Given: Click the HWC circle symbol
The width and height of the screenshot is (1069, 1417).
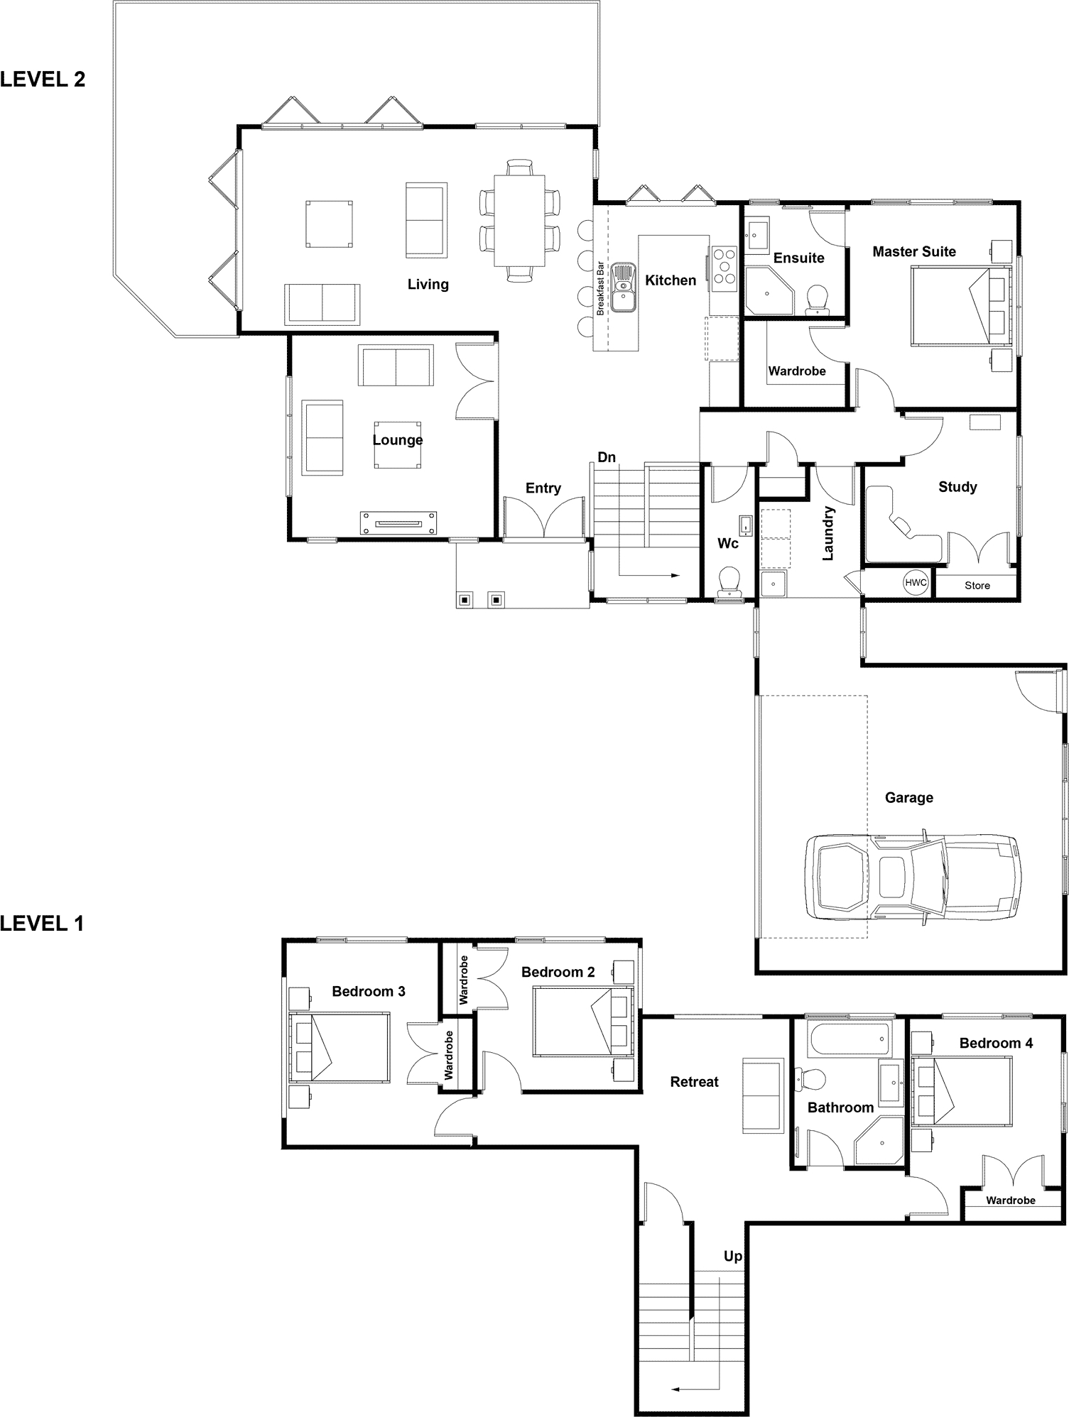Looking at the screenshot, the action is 916,583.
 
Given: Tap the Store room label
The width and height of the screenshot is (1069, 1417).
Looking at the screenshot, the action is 977,586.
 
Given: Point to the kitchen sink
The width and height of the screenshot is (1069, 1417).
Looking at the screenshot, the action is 624,287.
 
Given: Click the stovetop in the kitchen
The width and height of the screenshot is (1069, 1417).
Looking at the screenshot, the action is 725,268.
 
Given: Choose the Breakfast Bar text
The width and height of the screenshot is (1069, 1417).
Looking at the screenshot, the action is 600,288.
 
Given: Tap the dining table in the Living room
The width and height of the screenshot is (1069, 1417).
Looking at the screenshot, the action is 520,220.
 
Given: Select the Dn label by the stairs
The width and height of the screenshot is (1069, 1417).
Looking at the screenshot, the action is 607,458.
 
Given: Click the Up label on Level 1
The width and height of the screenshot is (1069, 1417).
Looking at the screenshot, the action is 733,1257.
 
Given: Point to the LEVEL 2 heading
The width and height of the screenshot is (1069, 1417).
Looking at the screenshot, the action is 43,80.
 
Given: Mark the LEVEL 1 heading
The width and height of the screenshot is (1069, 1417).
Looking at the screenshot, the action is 42,924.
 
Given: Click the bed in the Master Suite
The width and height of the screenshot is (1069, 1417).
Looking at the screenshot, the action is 961,306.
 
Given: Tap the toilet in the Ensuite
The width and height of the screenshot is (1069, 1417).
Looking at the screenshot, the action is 818,300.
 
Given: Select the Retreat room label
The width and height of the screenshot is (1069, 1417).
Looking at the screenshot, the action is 695,1082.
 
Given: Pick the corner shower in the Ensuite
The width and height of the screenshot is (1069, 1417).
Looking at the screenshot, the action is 769,290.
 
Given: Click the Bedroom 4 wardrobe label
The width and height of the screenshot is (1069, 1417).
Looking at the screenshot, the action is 1010,1200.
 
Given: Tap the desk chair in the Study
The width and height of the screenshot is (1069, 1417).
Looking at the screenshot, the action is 901,526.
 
